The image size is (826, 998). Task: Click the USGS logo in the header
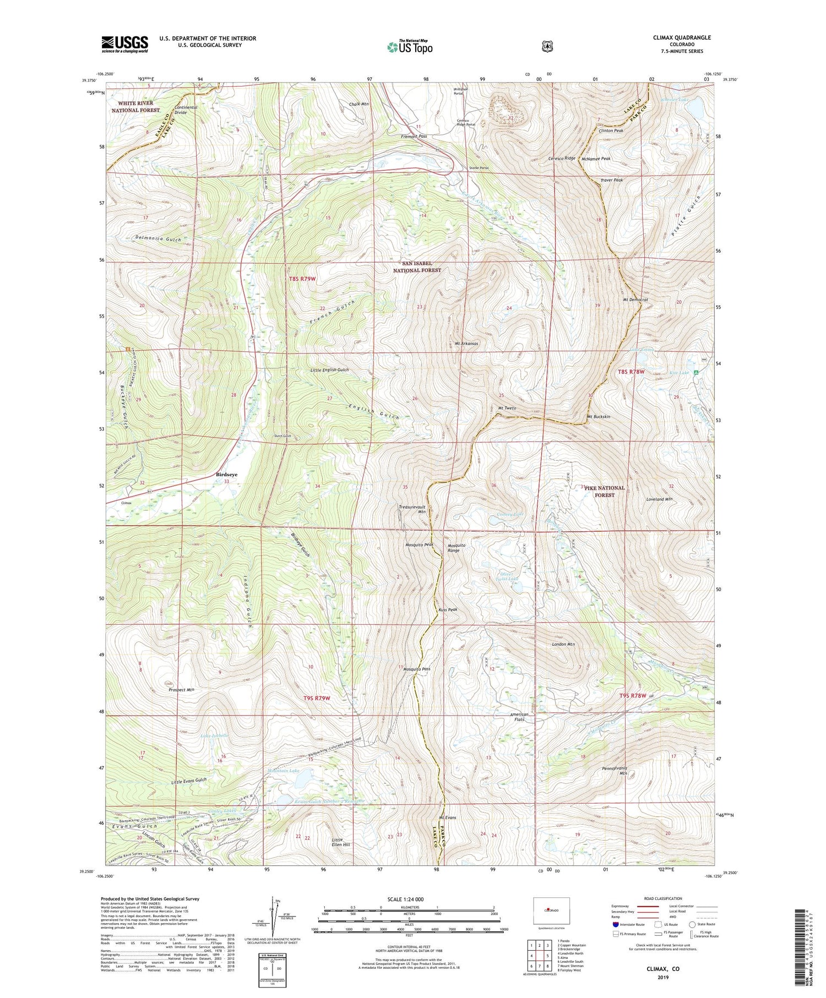[x=124, y=44]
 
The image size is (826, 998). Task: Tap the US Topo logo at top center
[x=410, y=47]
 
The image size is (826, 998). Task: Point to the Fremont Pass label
[x=414, y=136]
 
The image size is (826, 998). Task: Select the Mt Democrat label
[x=635, y=300]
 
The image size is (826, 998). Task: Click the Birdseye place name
[x=227, y=474]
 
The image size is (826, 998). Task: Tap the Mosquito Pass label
[x=416, y=669]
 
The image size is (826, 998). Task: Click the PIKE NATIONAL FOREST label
[x=605, y=491]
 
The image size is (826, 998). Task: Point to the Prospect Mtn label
[x=181, y=689]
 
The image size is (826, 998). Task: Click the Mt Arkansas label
[x=466, y=343]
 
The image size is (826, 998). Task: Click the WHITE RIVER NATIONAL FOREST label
[x=136, y=107]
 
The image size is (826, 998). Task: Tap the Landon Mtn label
[x=563, y=643]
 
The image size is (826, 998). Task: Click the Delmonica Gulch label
[x=158, y=239]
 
